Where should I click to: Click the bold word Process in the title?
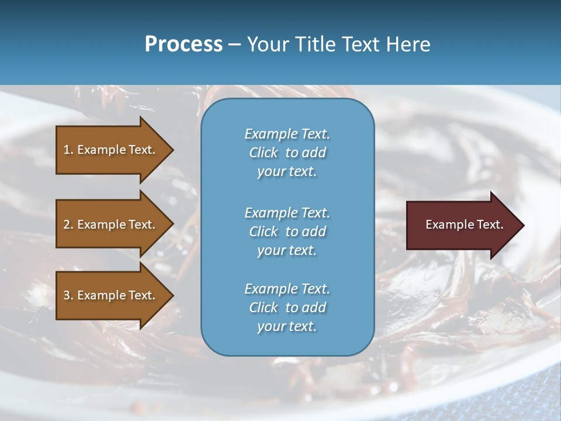coord(183,44)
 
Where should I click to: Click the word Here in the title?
coord(408,44)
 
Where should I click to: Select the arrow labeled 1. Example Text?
coord(111,150)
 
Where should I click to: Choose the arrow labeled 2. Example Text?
coord(111,225)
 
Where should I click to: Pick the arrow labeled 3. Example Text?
coord(111,295)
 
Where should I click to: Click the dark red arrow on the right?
coord(462,225)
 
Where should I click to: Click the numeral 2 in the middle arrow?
coord(67,225)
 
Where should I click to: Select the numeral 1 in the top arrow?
coord(67,150)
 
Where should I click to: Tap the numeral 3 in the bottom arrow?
coord(67,295)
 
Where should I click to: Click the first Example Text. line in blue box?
coord(287,134)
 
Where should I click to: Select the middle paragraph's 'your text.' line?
coord(287,250)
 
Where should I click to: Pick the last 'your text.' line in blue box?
coord(287,326)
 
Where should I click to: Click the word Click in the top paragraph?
coord(264,153)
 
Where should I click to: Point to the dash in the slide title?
coord(234,44)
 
